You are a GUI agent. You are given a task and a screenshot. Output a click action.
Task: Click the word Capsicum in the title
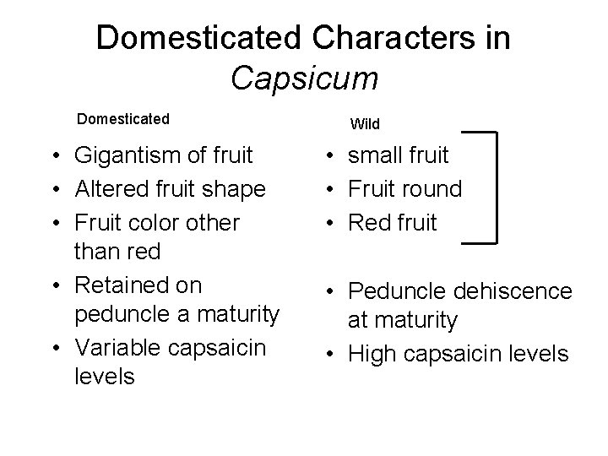click(304, 79)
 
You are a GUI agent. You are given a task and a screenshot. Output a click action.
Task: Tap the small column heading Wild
click(365, 124)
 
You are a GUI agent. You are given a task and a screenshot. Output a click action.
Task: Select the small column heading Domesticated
click(123, 118)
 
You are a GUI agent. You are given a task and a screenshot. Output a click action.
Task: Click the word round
click(431, 189)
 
